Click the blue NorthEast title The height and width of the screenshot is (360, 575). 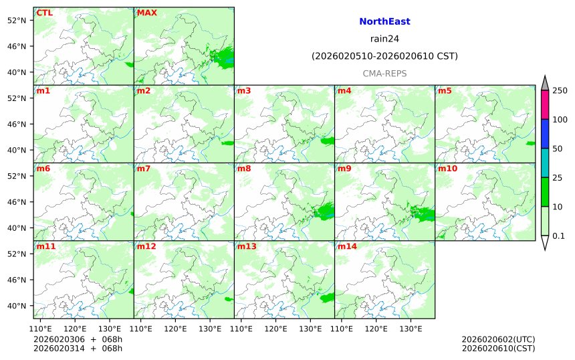click(384, 21)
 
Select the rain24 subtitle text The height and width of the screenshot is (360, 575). click(384, 39)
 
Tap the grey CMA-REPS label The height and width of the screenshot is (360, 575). click(384, 74)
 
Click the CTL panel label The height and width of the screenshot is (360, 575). click(45, 13)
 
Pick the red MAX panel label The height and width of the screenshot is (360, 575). click(146, 13)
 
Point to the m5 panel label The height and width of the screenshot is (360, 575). click(444, 90)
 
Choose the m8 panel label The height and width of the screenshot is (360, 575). click(243, 169)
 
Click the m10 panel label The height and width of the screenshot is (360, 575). click(447, 169)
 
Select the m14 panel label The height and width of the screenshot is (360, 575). click(347, 247)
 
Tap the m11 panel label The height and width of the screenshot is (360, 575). click(46, 247)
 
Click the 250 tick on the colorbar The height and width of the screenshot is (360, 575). click(560, 90)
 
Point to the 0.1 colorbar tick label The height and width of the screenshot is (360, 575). click(558, 236)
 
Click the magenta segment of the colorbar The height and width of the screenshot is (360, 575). click(544, 104)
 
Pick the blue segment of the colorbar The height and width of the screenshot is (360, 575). click(544, 134)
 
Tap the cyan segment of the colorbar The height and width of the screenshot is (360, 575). click(544, 163)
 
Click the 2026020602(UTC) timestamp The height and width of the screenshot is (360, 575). click(498, 339)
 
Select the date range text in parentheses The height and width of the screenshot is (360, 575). click(384, 56)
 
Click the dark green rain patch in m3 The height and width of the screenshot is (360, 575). click(328, 141)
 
